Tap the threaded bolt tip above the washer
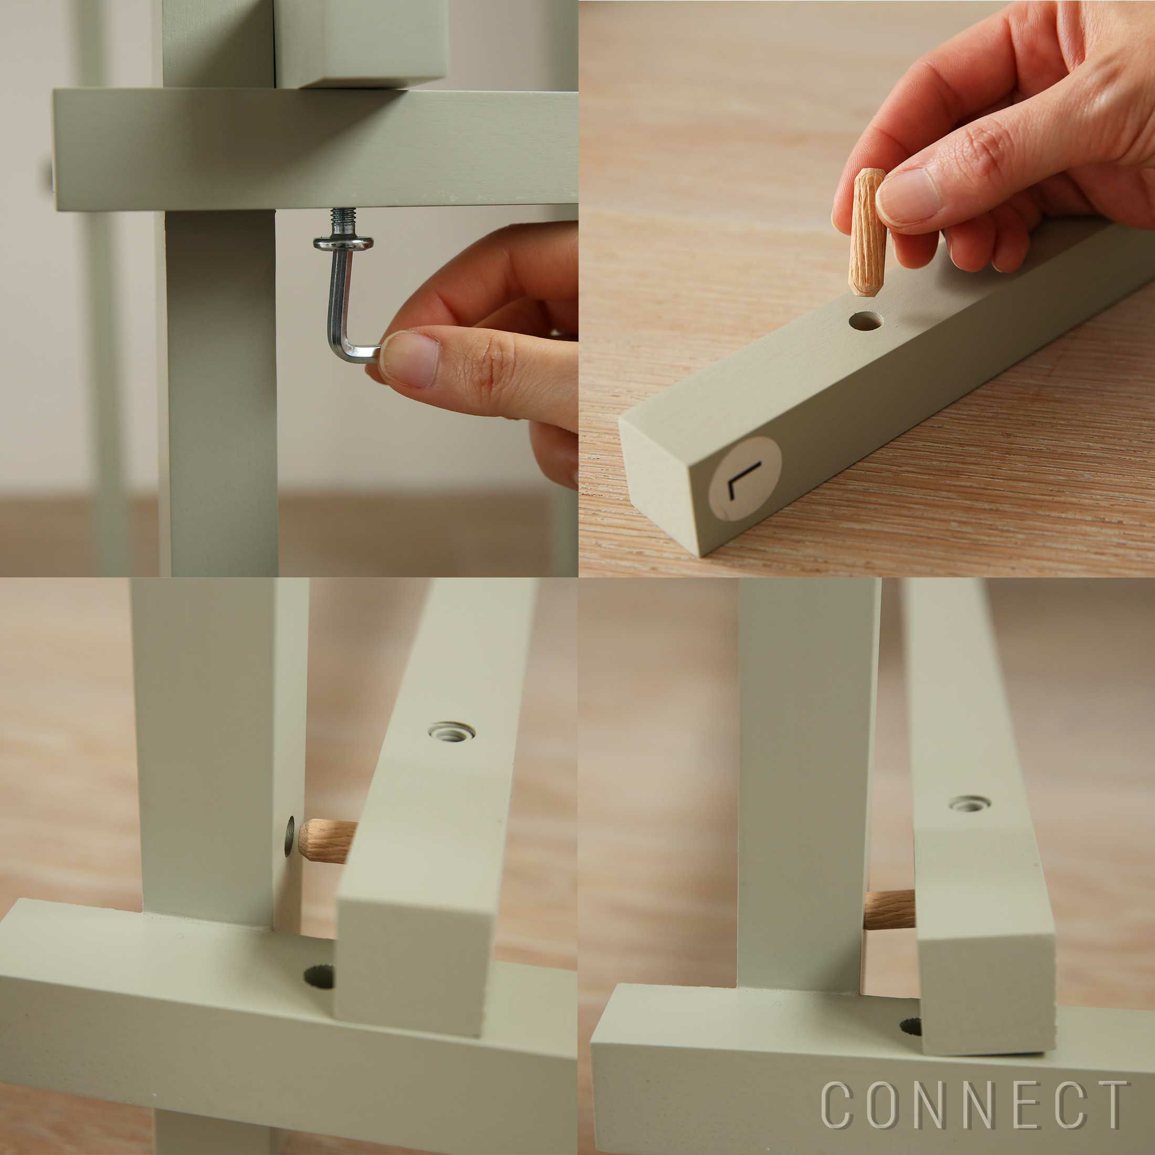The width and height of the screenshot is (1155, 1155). point(343,221)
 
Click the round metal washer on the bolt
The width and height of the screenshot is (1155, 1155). point(343,243)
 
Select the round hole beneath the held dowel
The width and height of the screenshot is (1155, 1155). point(866,321)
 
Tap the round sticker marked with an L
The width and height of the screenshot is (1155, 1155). point(744,478)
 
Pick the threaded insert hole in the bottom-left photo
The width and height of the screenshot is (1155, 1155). point(452,731)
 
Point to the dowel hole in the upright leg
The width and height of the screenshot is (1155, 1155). point(290,835)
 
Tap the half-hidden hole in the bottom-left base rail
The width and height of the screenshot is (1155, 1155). point(319,976)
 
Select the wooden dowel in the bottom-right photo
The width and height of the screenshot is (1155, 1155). point(889,909)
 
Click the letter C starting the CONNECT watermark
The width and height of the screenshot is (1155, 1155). point(838,1104)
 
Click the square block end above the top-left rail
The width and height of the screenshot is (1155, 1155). point(361,44)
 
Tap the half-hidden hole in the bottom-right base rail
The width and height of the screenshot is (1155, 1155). point(910,1026)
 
